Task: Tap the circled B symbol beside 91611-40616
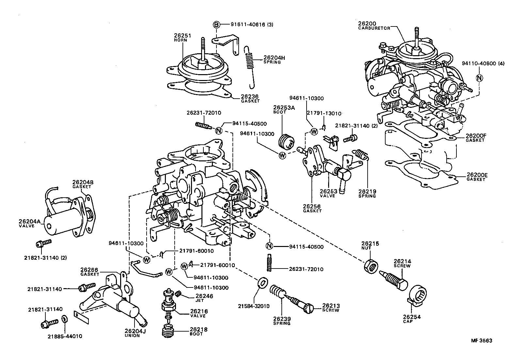click(216, 24)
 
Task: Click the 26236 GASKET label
click(250, 98)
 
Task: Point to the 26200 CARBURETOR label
click(374, 25)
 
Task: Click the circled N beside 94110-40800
click(479, 78)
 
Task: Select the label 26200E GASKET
click(477, 177)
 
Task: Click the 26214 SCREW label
click(402, 263)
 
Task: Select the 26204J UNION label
click(132, 333)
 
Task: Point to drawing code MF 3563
click(481, 340)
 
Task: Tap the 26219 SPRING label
click(367, 193)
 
